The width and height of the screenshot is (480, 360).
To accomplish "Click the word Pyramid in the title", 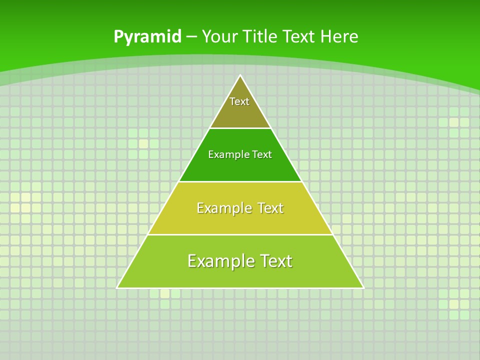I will (147, 37).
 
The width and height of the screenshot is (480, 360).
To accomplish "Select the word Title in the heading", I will (260, 37).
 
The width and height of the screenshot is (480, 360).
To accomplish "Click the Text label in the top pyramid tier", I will (239, 101).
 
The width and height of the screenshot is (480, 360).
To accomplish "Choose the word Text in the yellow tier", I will (269, 208).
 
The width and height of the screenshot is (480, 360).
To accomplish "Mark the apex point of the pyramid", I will (240, 75).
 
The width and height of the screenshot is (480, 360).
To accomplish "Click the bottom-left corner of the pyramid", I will (117, 287).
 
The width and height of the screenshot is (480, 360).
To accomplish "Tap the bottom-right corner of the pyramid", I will (363, 287).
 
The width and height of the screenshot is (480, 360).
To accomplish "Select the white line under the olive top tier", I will (240, 128).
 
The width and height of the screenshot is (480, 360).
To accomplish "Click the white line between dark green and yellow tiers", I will (240, 181).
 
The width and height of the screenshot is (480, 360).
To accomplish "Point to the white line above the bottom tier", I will (240, 234).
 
